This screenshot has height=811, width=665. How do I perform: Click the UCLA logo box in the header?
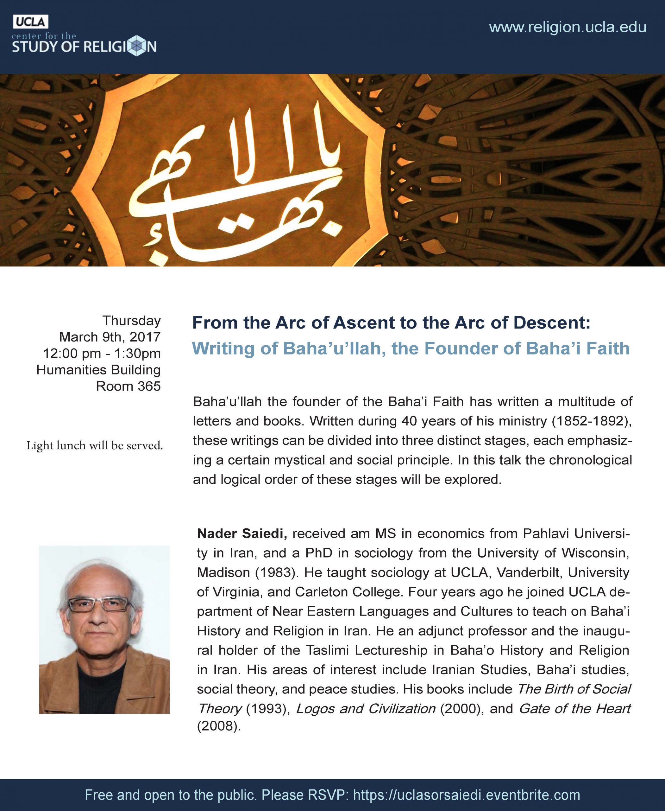[30, 22]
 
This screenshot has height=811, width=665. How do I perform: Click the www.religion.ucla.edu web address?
[568, 27]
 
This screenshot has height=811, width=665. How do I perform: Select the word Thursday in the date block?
[131, 321]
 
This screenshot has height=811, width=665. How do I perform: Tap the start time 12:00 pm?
[72, 354]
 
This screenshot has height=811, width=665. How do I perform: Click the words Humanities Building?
[98, 370]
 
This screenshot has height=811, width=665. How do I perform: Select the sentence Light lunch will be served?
[95, 445]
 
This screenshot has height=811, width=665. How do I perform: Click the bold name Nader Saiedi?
[242, 533]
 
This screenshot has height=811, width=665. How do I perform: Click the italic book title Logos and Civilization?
[366, 709]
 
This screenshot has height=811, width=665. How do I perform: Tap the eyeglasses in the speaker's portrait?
[98, 605]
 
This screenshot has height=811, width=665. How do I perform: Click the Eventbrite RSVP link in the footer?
[467, 795]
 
